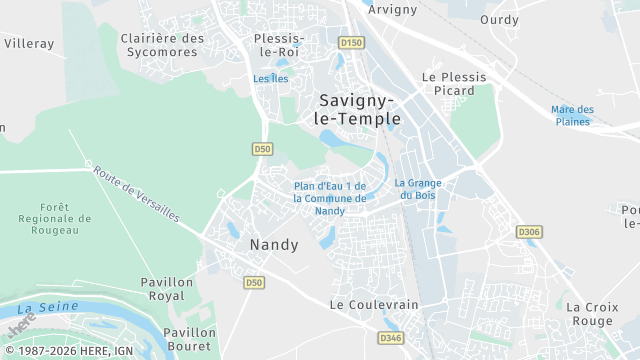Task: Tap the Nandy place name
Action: click(x=274, y=244)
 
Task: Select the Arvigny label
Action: click(x=391, y=9)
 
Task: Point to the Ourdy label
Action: click(x=499, y=19)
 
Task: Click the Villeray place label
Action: click(x=29, y=43)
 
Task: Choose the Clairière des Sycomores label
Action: click(x=162, y=46)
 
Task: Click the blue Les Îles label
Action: click(x=270, y=78)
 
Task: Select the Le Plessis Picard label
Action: click(x=454, y=83)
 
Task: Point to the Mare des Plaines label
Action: click(x=572, y=116)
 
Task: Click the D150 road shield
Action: click(x=350, y=43)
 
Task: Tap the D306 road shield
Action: click(x=529, y=232)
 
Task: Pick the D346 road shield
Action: click(x=391, y=338)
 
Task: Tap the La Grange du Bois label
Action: click(x=418, y=189)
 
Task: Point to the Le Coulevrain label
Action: click(x=374, y=304)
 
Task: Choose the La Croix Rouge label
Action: click(x=590, y=314)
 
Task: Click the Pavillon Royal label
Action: click(x=167, y=289)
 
